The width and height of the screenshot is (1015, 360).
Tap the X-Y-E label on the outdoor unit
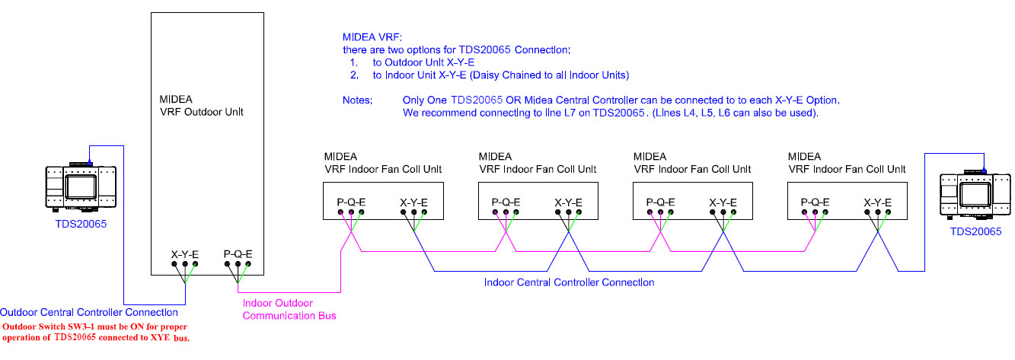click(x=184, y=253)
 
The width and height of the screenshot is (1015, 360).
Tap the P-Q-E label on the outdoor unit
click(x=238, y=253)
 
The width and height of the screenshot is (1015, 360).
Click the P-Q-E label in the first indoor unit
click(x=352, y=202)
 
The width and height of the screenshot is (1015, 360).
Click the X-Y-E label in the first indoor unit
click(x=413, y=202)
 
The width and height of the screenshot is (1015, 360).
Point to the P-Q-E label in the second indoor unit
click(x=506, y=202)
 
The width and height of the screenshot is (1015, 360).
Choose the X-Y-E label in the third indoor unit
click(x=723, y=202)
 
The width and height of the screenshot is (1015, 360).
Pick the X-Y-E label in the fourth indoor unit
click(x=878, y=202)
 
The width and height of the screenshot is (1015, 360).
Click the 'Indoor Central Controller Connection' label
click(x=569, y=282)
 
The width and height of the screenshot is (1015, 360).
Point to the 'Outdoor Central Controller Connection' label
click(x=89, y=312)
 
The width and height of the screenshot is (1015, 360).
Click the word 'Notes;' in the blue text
click(x=358, y=100)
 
